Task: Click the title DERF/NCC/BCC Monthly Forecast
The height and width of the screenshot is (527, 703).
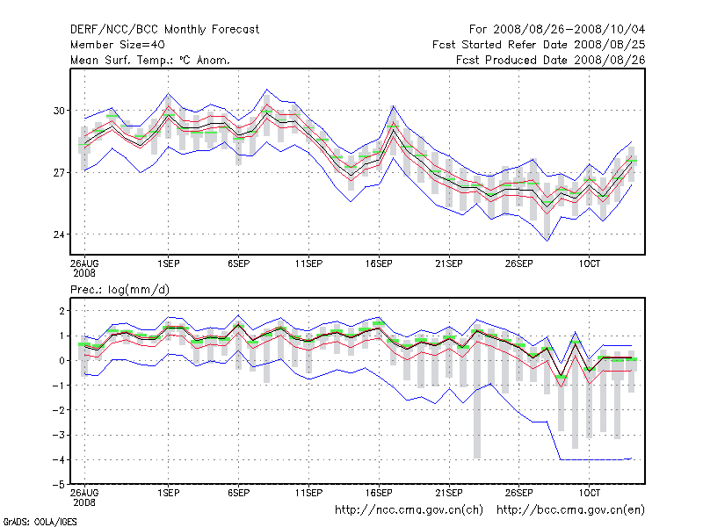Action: pos(164,30)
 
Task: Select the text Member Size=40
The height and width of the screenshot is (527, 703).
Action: pos(118,45)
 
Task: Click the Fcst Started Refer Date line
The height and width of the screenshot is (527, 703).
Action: pos(539,45)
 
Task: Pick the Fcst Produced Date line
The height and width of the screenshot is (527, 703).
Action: pos(551,60)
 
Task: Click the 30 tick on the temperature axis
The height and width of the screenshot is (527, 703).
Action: pos(59,111)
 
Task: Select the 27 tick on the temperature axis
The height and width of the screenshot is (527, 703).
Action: pos(59,172)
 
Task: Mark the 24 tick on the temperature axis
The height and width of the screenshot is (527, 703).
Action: pos(59,235)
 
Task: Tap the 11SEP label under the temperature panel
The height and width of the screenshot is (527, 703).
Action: pos(308,263)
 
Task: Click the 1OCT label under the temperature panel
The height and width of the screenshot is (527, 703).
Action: pos(589,263)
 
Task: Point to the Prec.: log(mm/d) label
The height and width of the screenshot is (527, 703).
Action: pos(120,290)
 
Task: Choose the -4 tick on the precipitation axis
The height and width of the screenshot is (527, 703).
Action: pos(58,459)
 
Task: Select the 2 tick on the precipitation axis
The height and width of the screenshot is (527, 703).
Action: pos(62,311)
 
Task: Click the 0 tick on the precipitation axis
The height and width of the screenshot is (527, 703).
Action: pos(62,361)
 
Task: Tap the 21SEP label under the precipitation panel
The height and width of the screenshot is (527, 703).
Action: pos(449,493)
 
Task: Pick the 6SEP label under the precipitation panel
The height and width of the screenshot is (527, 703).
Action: pos(238,493)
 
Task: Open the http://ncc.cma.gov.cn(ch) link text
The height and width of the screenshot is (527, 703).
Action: pos(409,510)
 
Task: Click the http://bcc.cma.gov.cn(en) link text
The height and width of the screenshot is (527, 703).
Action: pos(570,510)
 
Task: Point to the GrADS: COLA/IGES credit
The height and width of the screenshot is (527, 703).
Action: pos(40,522)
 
